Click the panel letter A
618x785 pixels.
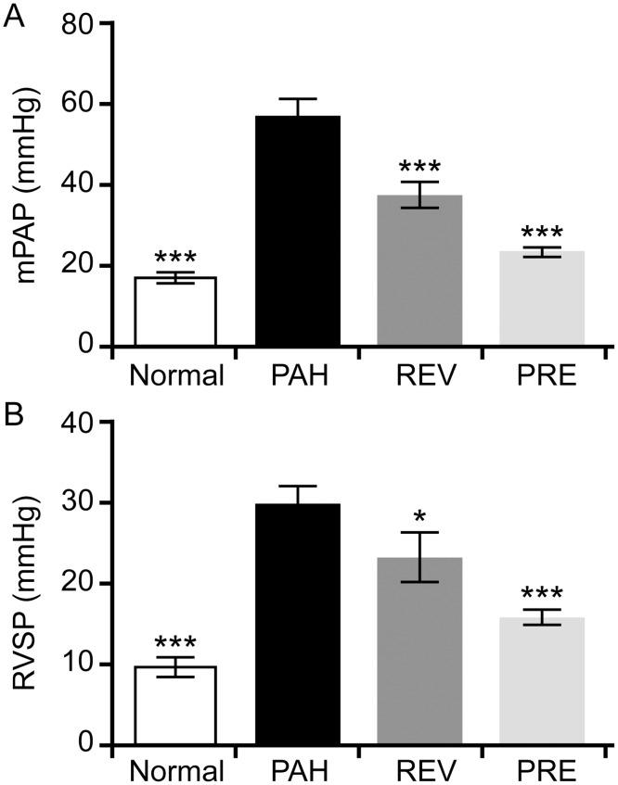pos(14,16)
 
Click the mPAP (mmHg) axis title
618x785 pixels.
pos(28,185)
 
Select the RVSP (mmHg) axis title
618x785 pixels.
pos(28,584)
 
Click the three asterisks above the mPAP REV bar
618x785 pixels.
pos(418,168)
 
